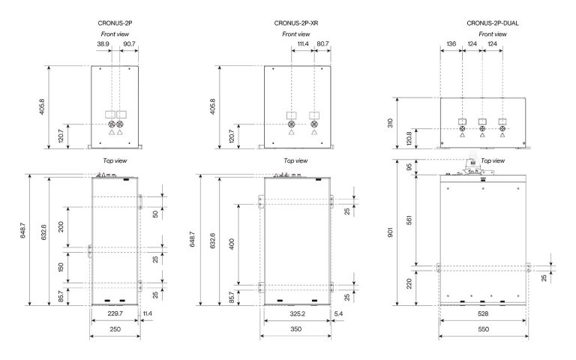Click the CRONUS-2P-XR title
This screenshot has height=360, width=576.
click(x=296, y=23)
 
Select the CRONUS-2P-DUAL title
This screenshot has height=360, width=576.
click(x=493, y=23)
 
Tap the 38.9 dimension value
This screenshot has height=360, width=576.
click(x=103, y=43)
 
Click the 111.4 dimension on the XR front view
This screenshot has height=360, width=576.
click(x=303, y=43)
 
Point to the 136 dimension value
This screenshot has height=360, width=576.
click(x=451, y=43)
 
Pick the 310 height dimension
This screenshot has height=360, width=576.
click(x=390, y=123)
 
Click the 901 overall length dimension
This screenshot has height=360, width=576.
click(x=390, y=232)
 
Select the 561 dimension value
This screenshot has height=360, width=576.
click(x=409, y=220)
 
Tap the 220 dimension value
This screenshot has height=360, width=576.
click(x=409, y=283)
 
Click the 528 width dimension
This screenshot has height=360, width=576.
click(x=483, y=313)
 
